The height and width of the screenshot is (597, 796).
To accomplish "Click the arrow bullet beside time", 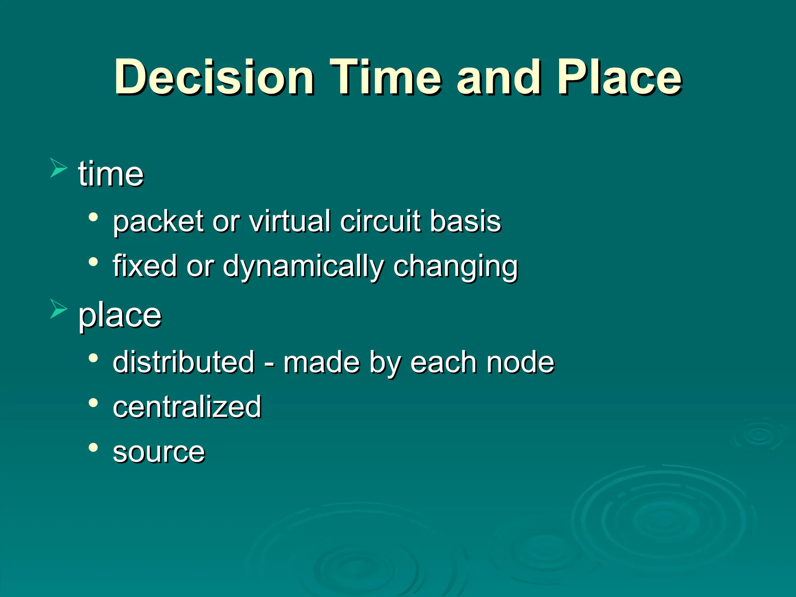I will pos(58,168).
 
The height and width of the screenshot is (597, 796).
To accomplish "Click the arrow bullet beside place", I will pos(58,309).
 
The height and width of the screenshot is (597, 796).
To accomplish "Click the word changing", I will pos(456,267).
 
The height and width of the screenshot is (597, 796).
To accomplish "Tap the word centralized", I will pos(187,407).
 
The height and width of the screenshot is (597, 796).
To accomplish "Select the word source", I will pos(159,452).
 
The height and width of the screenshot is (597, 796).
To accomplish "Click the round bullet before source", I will pos(93,447).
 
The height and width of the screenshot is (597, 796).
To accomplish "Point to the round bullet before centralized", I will pos(93,403).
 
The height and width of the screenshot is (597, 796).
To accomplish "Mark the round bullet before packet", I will pos(93,217).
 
